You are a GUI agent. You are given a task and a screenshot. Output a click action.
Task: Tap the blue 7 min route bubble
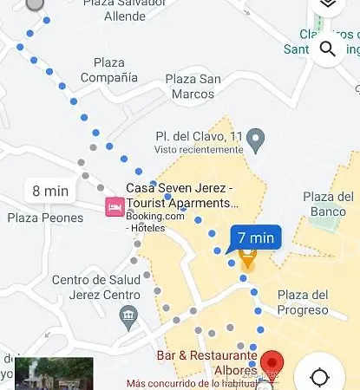(255, 237)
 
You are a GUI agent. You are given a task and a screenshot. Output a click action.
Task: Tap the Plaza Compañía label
(109, 70)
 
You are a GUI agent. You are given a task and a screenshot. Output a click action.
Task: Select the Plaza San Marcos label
(193, 87)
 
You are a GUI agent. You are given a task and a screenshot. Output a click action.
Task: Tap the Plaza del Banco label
(329, 204)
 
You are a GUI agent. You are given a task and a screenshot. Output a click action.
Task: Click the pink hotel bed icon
(114, 207)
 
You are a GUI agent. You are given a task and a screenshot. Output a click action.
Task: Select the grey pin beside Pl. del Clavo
(255, 137)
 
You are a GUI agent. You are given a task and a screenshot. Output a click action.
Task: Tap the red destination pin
(273, 362)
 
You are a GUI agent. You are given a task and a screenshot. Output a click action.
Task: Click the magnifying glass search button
(328, 48)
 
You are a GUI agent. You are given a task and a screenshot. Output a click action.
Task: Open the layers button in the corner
(327, 4)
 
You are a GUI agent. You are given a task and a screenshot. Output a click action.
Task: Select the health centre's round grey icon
(129, 313)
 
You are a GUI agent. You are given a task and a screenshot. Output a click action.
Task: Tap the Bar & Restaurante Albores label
(207, 362)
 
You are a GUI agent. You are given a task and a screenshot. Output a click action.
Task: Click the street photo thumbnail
(54, 374)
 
